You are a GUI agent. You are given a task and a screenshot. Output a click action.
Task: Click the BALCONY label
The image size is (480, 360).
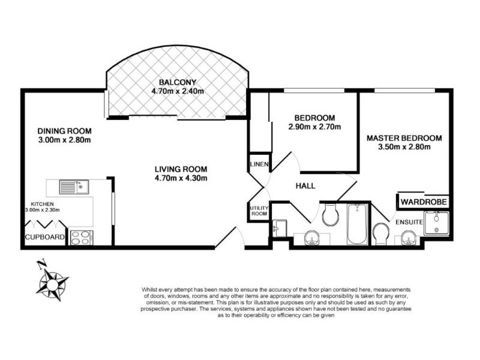click(x=178, y=82)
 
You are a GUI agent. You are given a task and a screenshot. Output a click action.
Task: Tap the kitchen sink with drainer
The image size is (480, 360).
click(x=74, y=187)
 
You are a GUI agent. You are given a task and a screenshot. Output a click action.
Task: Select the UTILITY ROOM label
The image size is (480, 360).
click(x=259, y=211)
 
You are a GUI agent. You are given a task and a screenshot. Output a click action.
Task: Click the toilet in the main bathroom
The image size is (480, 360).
click(x=329, y=215)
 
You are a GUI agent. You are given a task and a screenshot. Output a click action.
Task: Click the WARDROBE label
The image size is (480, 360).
click(x=424, y=202)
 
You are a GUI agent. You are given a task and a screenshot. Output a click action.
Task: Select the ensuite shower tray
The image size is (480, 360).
click(x=435, y=224)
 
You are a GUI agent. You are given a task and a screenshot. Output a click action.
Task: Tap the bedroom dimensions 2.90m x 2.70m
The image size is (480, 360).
click(x=315, y=127)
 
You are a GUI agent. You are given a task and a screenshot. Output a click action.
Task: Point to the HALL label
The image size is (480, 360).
click(x=306, y=187)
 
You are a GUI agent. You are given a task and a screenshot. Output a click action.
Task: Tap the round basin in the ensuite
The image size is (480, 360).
click(x=312, y=239)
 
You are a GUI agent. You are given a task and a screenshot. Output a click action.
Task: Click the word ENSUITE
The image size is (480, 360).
click(x=408, y=223)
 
